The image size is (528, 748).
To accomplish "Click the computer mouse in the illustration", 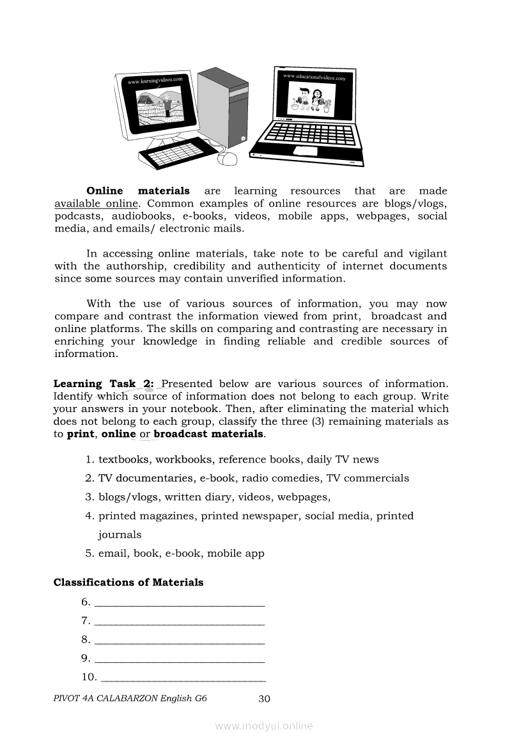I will [x=227, y=157].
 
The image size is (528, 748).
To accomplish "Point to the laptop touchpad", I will [x=305, y=151].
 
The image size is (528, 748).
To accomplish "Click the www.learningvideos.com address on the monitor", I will [x=155, y=81].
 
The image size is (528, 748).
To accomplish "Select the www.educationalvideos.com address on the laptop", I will [x=314, y=77].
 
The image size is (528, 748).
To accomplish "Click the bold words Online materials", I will [x=138, y=191].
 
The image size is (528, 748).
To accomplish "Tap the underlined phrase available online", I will [x=96, y=203].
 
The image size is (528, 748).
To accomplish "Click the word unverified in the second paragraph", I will [x=259, y=278].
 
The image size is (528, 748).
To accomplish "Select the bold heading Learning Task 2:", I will [x=104, y=384].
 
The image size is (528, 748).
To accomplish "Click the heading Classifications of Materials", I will [x=128, y=582].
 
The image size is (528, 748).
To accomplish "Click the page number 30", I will [x=264, y=698].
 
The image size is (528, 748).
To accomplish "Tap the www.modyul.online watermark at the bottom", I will [x=264, y=726].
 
